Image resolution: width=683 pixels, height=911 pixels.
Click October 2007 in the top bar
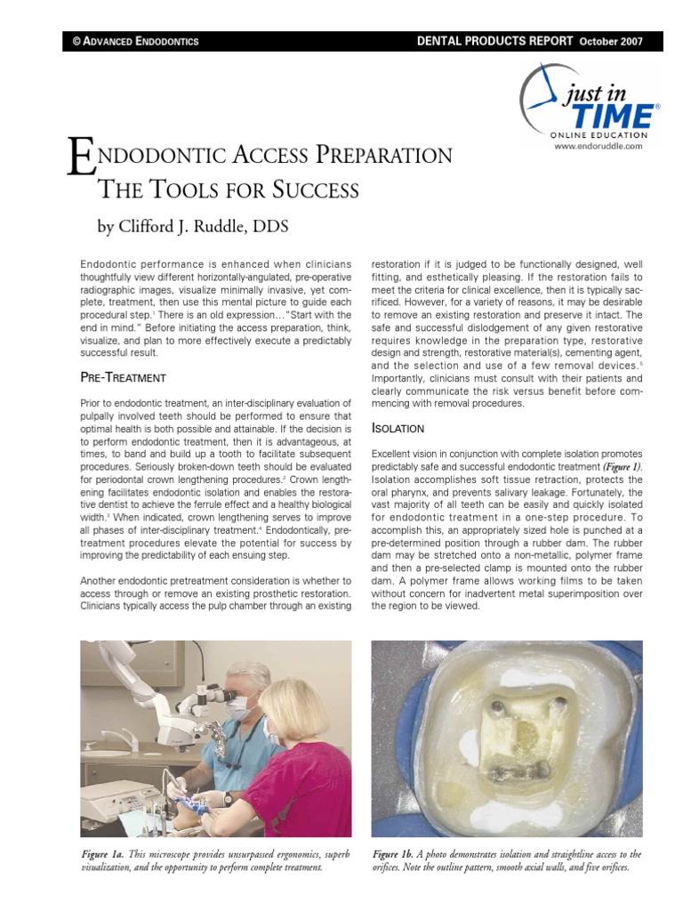[611, 42]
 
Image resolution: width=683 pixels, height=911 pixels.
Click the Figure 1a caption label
[101, 854]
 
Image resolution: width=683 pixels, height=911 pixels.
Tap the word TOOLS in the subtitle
[181, 189]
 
